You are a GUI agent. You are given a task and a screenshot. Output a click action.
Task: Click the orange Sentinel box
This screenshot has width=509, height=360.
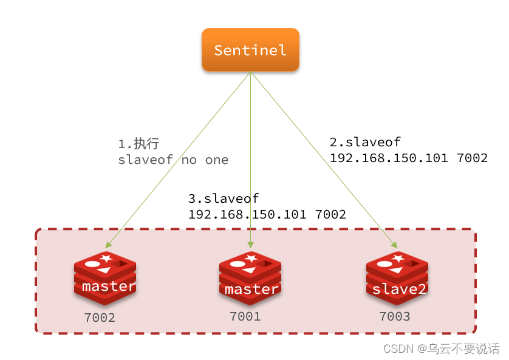250,50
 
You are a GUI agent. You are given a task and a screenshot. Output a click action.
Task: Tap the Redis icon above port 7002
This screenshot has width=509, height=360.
104,277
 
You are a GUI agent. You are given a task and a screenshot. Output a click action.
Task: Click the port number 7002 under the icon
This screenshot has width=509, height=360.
100,318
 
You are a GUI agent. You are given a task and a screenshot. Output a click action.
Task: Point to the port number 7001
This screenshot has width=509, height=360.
245,316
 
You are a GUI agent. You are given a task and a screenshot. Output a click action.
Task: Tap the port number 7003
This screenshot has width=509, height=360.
394,316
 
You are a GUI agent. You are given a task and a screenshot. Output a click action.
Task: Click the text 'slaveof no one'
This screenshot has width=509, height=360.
173,160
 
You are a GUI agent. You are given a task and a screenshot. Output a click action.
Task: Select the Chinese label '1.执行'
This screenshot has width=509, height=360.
138,144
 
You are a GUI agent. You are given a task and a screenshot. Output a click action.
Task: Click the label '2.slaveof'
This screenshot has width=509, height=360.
365,142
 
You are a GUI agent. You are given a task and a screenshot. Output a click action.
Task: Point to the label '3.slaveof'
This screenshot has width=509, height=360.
224,199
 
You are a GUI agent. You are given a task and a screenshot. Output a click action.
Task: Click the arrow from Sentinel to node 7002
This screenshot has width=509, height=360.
182,158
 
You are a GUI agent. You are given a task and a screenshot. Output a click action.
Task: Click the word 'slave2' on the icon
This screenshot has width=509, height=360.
399,289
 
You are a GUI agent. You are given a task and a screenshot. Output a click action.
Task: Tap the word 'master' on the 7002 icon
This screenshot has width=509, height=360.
108,286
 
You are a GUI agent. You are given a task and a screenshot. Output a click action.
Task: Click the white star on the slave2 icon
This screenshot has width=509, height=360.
399,259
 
